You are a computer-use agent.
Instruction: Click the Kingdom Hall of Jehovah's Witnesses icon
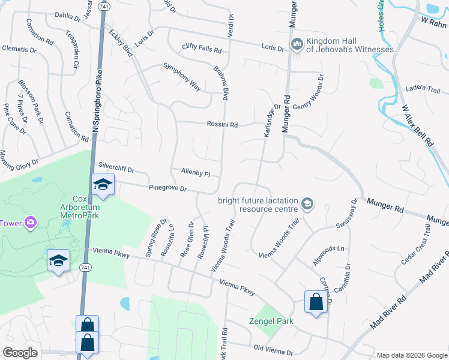297,44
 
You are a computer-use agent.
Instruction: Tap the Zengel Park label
271,321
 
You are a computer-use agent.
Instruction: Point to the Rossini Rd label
223,125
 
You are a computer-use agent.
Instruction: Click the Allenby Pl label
195,173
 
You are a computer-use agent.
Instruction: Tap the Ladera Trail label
423,89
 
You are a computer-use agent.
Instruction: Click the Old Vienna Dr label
273,349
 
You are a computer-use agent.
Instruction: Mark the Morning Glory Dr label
19,158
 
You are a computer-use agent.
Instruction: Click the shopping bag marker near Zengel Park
316,302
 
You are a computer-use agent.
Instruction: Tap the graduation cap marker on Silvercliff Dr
103,184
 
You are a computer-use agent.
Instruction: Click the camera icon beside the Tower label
30,224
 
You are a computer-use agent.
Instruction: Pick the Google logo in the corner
20,353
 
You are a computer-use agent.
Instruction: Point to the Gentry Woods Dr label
308,90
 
